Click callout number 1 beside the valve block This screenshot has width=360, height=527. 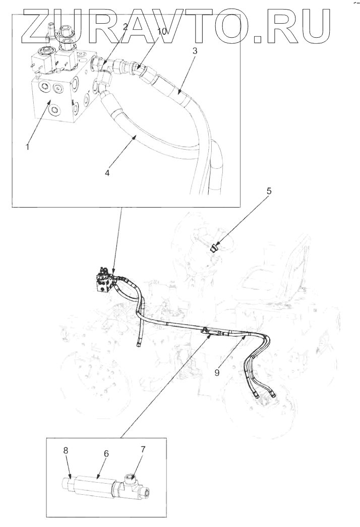[x=28, y=147]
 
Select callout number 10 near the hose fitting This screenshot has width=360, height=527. [x=161, y=32]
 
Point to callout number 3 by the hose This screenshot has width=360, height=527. [x=194, y=51]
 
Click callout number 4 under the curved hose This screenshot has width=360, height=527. [x=107, y=173]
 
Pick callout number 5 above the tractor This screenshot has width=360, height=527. [x=268, y=191]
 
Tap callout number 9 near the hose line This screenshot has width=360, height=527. [x=217, y=373]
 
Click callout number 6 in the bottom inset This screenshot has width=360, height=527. [x=106, y=453]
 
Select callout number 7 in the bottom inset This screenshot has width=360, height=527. [x=143, y=449]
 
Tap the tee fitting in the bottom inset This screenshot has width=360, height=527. [x=135, y=486]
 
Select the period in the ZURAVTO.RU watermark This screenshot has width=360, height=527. [x=259, y=39]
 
